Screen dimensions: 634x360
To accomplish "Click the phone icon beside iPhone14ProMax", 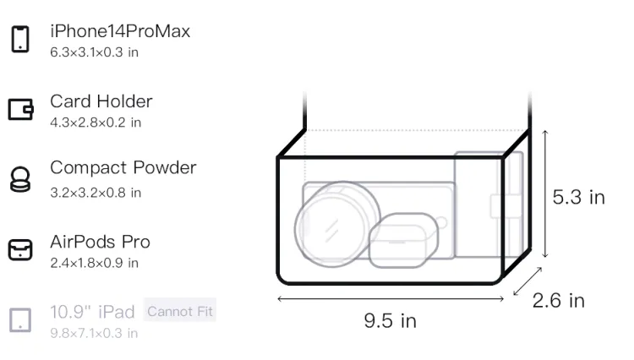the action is coord(20,39).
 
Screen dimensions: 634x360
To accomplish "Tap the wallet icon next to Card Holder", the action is coord(20,110).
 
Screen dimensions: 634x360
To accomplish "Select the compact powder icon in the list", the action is coord(20,179).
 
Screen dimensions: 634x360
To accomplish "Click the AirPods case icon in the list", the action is coord(20,249).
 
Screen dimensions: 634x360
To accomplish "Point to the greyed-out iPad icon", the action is coord(20,320).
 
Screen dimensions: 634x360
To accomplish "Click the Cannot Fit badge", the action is coord(180,311).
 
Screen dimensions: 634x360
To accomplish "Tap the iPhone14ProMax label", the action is coord(120,31).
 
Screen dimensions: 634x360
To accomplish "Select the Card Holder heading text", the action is coord(101,101).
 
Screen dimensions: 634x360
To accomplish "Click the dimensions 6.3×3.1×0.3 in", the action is coord(94,52).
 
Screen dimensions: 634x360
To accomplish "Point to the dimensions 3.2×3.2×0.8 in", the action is coord(96,193).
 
